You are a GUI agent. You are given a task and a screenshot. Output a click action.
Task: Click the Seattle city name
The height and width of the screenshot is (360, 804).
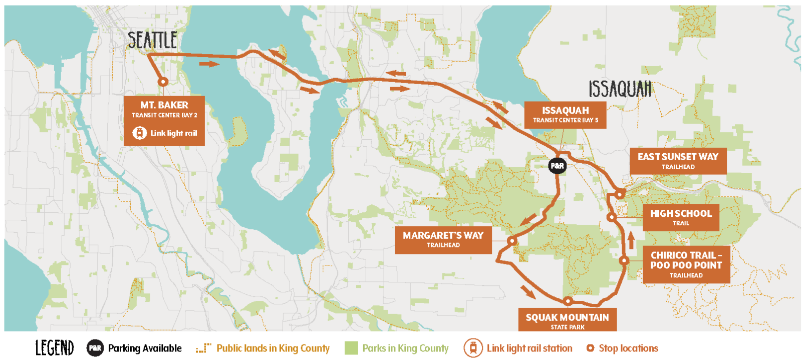[x=152, y=40]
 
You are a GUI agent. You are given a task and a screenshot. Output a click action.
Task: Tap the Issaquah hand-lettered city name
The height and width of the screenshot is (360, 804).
[x=620, y=89]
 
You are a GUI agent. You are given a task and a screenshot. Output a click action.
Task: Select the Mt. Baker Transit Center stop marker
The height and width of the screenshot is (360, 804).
[x=163, y=82]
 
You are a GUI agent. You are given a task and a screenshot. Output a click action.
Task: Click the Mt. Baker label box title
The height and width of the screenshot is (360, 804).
[x=164, y=105]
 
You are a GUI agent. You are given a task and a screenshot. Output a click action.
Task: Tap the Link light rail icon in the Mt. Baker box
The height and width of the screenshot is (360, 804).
[x=139, y=133]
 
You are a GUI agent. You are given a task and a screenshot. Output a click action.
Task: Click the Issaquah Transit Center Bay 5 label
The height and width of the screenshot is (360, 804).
[x=565, y=115]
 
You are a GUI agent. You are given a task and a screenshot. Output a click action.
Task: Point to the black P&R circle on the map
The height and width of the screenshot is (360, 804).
[x=557, y=166]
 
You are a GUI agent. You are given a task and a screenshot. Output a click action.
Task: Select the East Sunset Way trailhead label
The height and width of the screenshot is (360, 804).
[x=678, y=161]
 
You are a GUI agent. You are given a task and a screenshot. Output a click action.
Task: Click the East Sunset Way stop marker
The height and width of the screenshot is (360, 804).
[x=620, y=194]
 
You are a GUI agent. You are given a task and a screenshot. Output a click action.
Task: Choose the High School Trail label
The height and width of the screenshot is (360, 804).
[x=681, y=217]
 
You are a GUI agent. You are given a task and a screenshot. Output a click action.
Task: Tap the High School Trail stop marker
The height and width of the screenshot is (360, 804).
[x=611, y=217]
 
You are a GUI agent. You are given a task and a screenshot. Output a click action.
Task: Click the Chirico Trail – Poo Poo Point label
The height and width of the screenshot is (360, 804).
[x=686, y=264]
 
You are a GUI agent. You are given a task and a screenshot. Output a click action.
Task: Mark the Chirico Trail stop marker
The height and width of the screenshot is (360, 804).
[x=624, y=260]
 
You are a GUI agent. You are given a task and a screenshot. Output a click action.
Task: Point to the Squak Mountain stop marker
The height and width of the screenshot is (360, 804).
[x=568, y=301]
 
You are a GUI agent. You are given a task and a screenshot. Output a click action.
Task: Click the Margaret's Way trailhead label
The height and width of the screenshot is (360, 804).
[x=443, y=239]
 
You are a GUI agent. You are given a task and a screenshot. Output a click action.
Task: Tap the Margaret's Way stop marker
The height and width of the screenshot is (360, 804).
[x=511, y=241]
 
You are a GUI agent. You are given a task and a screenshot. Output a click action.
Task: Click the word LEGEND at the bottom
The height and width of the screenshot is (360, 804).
[x=54, y=348]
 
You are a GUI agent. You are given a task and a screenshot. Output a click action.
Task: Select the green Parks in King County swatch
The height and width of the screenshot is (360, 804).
[x=351, y=348]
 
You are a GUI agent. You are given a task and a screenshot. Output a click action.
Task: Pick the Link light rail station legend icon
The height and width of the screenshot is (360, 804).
[x=472, y=348]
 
